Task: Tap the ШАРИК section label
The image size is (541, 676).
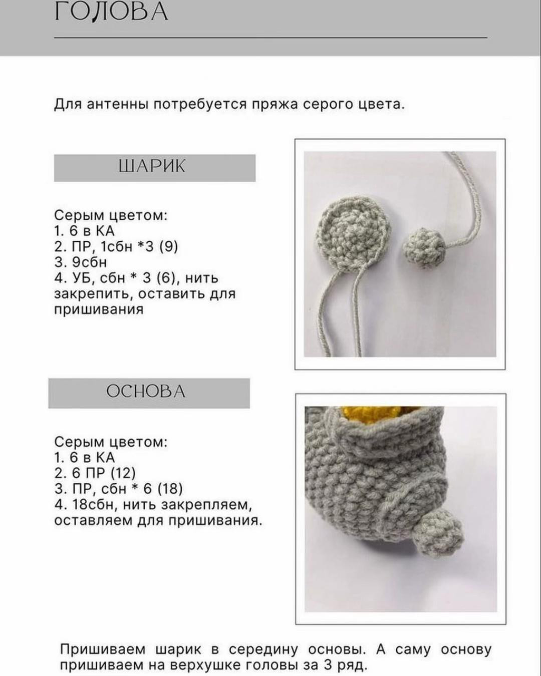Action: click(x=152, y=166)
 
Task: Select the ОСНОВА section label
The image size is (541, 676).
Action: click(x=146, y=391)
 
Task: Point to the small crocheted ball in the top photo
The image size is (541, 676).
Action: click(x=424, y=246)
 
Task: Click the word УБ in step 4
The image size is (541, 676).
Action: click(x=82, y=278)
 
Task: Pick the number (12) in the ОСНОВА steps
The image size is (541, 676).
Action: click(x=123, y=473)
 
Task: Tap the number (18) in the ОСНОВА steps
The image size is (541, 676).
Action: click(x=170, y=489)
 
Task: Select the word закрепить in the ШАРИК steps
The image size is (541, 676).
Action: click(x=93, y=293)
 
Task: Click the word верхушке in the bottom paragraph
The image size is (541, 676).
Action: click(x=207, y=665)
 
